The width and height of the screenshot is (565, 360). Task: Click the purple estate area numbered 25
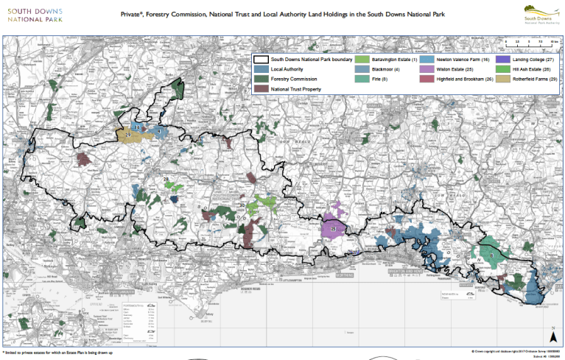333,228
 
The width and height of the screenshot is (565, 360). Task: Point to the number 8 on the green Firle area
491,255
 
